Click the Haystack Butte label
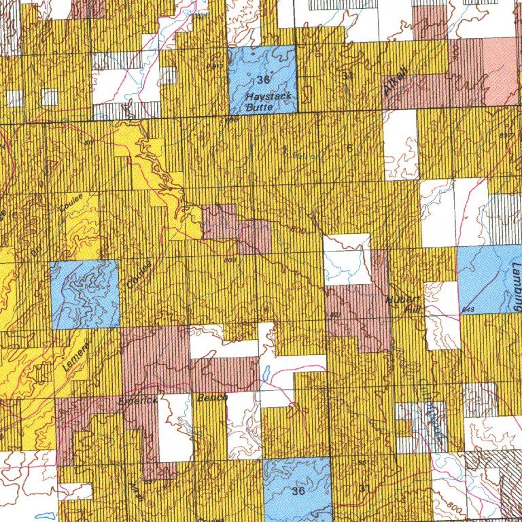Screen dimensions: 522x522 pyautogui.click(x=268, y=101)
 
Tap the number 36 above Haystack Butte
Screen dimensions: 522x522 pyautogui.click(x=264, y=81)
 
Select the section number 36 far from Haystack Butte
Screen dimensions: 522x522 pyautogui.click(x=298, y=491)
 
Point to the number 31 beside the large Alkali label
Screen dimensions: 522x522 pyautogui.click(x=349, y=75)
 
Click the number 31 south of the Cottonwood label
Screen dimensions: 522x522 pyautogui.click(x=364, y=489)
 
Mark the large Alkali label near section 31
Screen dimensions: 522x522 pyautogui.click(x=394, y=80)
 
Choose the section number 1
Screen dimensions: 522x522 pyautogui.click(x=284, y=148)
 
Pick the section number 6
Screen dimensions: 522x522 pyautogui.click(x=349, y=148)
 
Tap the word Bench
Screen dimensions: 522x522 pyautogui.click(x=211, y=400)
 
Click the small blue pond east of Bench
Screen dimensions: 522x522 pyautogui.click(x=267, y=373)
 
